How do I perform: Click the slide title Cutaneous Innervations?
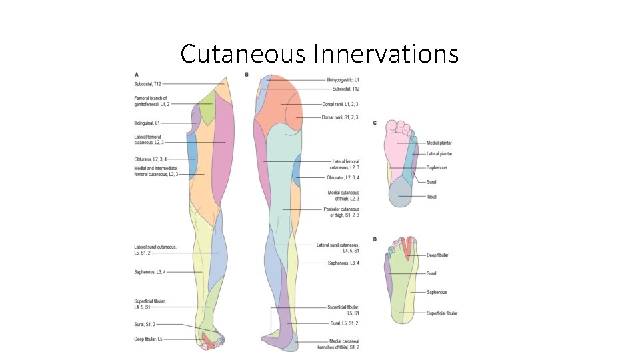coord(319,53)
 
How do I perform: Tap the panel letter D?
coord(375,239)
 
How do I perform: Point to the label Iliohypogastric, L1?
coord(343,80)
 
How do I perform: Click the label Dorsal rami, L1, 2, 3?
coord(340,105)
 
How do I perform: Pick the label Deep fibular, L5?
coord(147,339)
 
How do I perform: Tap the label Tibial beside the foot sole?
coord(431,197)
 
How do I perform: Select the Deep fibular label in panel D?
coord(438,255)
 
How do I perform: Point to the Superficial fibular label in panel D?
coord(442,313)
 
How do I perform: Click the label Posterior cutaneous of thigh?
coord(341,212)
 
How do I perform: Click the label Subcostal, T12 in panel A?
coord(147,84)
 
